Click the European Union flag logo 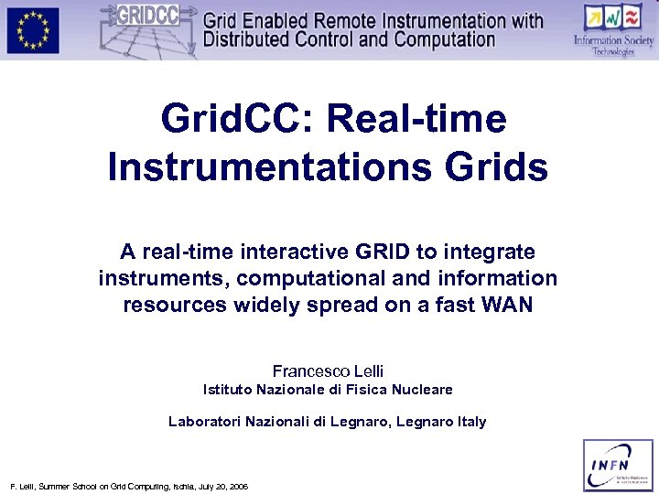point(33,30)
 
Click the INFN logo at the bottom point(619,465)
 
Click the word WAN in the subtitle point(506,305)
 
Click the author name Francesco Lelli point(328,370)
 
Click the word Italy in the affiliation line point(469,422)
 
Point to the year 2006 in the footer point(238,485)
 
